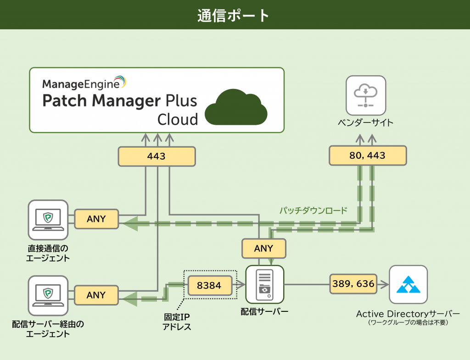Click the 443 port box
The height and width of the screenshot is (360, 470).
(157, 156)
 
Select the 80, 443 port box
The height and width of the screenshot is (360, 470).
(367, 155)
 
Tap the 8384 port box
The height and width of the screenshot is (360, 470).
(209, 285)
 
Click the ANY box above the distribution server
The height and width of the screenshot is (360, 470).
(263, 249)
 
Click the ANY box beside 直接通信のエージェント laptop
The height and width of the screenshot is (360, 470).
(96, 219)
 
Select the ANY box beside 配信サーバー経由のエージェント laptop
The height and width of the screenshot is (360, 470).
(96, 295)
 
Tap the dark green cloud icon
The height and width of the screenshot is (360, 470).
(236, 108)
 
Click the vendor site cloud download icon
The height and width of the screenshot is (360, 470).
(365, 95)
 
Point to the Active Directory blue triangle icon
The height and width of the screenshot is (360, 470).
(408, 284)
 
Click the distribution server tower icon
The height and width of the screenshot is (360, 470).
(264, 285)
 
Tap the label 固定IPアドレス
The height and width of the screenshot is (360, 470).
(177, 321)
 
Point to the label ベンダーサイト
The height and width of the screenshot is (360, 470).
(365, 122)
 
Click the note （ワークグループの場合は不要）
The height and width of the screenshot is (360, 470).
(408, 322)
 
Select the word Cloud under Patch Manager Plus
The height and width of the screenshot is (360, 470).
(178, 119)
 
